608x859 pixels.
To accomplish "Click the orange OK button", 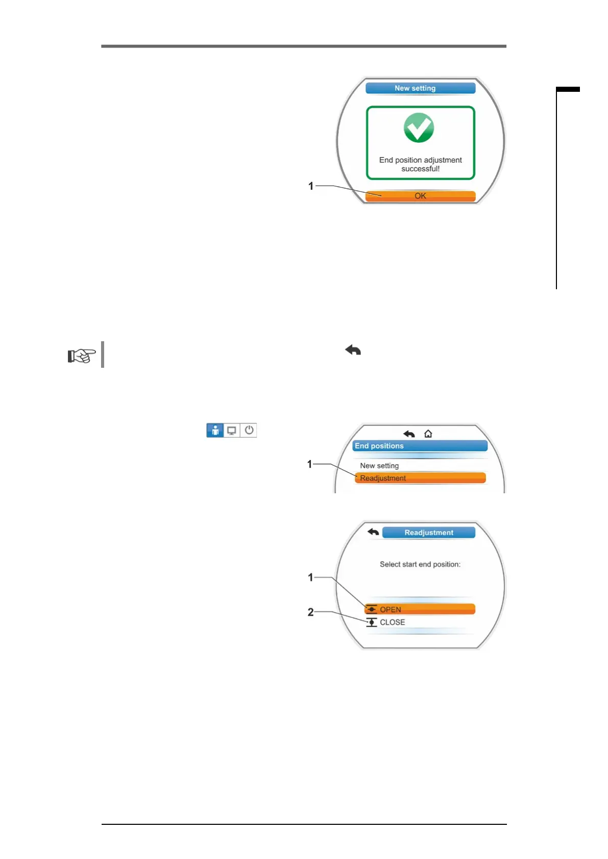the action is pos(420,196).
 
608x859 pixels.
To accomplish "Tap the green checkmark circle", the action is pos(419,128).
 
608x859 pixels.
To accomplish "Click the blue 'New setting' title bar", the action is pos(420,88).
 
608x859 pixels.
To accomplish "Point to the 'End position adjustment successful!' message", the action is pos(420,164).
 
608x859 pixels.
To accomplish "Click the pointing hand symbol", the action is pos(82,355).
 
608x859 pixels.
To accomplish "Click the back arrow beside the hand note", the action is pos(353,350).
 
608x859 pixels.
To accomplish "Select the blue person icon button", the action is pos(215,430).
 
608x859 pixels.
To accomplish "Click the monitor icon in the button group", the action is pos(232,430).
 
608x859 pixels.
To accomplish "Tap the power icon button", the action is pos(249,430).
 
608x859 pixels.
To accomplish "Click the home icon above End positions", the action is pos(428,434).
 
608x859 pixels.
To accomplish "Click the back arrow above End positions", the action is pos(409,434).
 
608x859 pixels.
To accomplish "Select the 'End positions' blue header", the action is pos(420,446).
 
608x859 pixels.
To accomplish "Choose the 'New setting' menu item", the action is pos(379,465).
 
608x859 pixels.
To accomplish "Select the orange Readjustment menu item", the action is pos(420,478).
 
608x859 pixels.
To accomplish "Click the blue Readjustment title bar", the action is pos(428,533).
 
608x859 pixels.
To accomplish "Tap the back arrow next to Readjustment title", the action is pos(373,532).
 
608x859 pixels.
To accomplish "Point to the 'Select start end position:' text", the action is pos(420,564).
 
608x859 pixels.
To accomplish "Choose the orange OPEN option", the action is pos(420,609).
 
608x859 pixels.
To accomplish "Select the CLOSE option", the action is pos(392,622).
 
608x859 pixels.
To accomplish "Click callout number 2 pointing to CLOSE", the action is pos(310,612).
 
